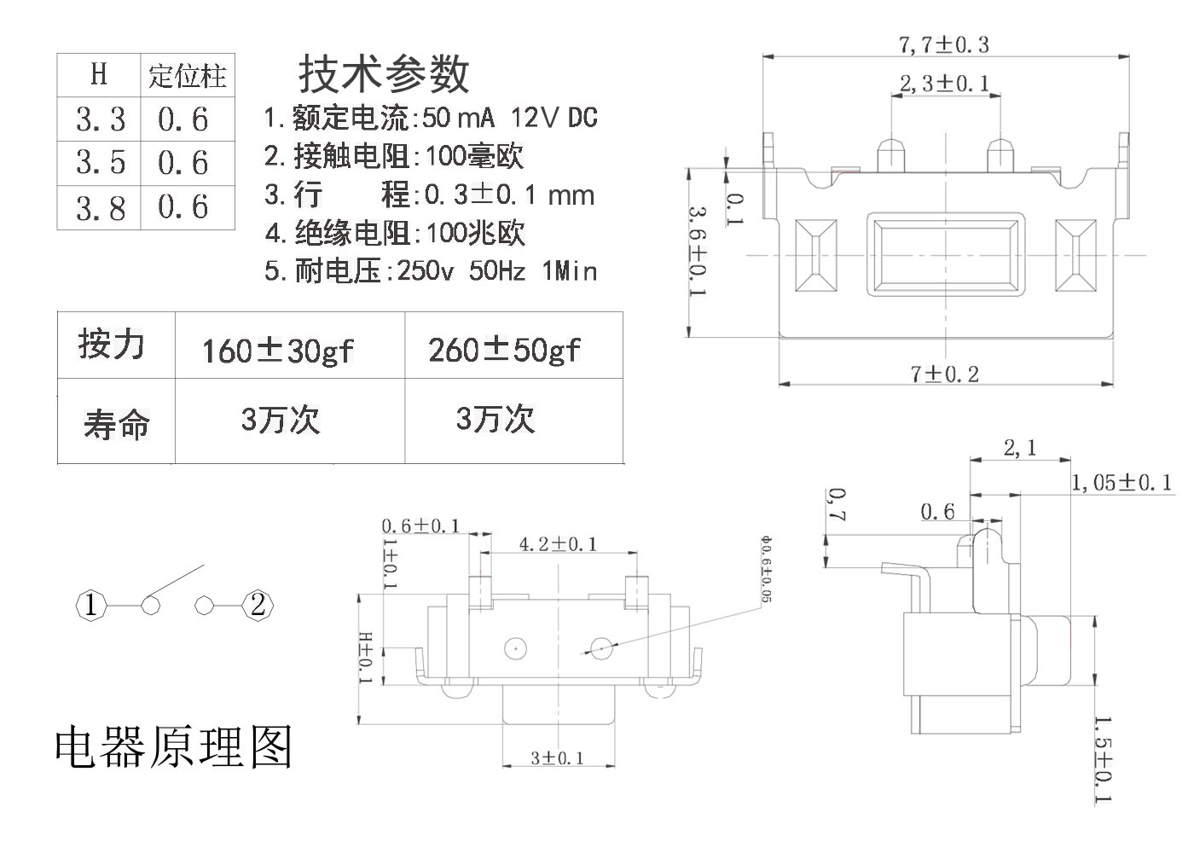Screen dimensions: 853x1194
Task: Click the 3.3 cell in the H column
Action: coord(100,119)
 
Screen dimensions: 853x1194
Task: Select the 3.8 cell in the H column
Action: coord(100,207)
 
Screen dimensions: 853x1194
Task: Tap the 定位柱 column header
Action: coord(188,76)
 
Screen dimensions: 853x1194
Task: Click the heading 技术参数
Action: coord(383,73)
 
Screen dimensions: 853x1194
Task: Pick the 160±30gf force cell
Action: coord(277,350)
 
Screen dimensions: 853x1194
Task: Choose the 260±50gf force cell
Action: coord(504,349)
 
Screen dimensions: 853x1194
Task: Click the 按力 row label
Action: coord(111,345)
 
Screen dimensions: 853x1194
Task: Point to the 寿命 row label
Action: coord(116,423)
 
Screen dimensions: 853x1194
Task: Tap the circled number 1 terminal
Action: coord(91,606)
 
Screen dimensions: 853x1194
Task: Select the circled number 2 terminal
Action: coord(258,606)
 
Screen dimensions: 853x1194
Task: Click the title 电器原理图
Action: coord(174,746)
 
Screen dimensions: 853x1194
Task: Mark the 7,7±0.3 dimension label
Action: coord(943,44)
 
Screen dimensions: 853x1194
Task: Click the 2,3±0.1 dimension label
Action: coord(944,83)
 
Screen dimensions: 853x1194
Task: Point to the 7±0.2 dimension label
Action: coord(944,374)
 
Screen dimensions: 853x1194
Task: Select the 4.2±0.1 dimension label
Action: coord(558,543)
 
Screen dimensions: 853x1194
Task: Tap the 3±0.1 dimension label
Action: coord(557,757)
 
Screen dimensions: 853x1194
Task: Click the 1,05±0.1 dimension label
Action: coord(1121,483)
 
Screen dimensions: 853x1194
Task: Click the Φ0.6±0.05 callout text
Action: coord(765,569)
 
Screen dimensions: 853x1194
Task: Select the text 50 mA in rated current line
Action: coord(459,117)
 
